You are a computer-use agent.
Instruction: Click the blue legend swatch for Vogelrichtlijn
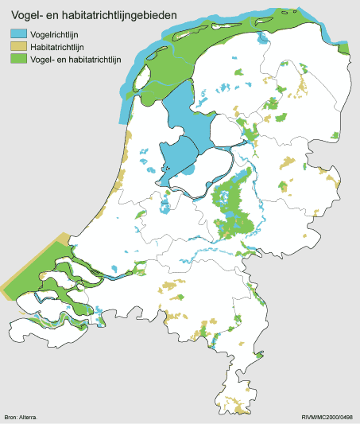[19, 35]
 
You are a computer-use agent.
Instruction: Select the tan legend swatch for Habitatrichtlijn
[19, 47]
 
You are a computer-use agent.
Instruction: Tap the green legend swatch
[19, 59]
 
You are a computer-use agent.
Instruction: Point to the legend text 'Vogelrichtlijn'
[55, 35]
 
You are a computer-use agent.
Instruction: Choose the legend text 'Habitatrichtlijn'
[58, 47]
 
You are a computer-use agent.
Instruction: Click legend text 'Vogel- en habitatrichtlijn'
[77, 59]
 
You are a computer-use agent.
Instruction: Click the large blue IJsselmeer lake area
[187, 119]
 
